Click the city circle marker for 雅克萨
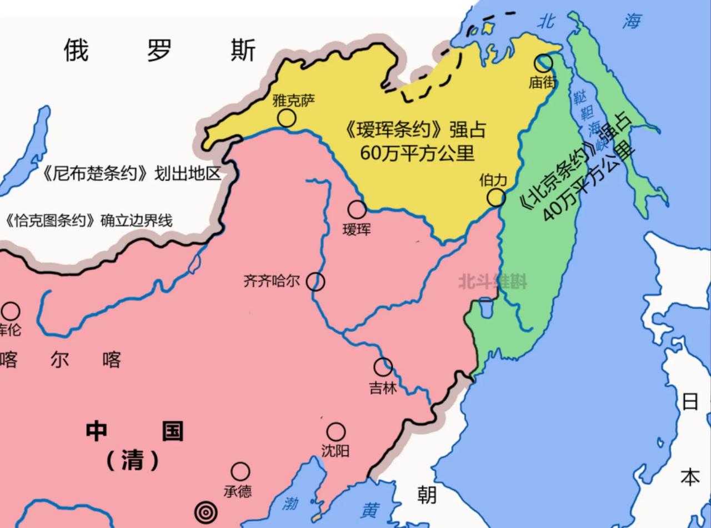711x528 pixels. (x=287, y=118)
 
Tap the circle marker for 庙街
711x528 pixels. (x=543, y=63)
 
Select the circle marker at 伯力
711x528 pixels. (x=496, y=197)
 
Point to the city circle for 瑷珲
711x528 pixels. (x=357, y=209)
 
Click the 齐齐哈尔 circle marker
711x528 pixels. (x=316, y=281)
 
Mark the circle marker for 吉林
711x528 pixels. (x=383, y=366)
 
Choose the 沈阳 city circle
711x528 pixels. (x=336, y=431)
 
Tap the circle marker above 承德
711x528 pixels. (x=240, y=471)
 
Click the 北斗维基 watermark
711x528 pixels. (x=492, y=282)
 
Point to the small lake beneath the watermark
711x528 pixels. (x=485, y=307)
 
